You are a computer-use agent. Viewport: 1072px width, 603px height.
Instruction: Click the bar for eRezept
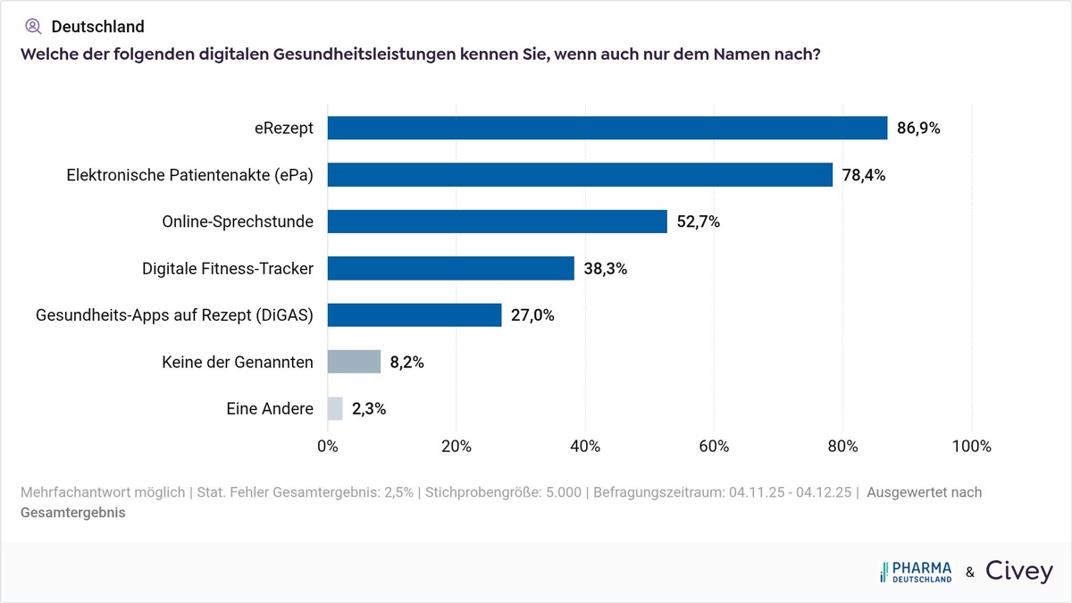point(607,128)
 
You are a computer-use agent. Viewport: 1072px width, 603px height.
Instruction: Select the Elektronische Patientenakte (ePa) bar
point(580,175)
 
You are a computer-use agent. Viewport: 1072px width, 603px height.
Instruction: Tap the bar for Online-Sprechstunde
point(498,222)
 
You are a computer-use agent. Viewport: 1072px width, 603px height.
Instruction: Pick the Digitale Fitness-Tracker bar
point(451,268)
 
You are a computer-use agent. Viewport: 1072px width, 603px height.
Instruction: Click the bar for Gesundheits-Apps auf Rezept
point(415,314)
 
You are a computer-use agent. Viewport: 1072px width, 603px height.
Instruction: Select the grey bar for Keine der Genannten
point(354,362)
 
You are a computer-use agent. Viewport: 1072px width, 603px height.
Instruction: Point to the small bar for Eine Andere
point(335,408)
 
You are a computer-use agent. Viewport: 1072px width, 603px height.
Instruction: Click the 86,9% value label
point(918,128)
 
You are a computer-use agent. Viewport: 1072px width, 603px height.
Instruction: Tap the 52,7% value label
point(698,222)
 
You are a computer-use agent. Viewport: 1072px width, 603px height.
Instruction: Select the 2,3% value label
point(369,408)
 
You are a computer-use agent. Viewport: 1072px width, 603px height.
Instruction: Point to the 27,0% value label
point(532,314)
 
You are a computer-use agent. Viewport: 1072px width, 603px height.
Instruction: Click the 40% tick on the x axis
point(585,446)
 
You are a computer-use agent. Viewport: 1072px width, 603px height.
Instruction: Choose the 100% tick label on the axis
point(971,446)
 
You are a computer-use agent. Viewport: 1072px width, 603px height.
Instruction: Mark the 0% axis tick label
point(328,446)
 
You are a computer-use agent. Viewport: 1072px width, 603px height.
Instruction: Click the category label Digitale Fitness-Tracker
point(228,268)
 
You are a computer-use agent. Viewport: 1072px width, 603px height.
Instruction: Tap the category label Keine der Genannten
point(238,362)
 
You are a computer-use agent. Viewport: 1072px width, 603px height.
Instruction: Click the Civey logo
point(1018,572)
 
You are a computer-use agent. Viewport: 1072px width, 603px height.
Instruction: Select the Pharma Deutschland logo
point(916,572)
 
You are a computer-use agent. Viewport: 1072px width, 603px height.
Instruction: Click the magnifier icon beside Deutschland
point(33,27)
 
